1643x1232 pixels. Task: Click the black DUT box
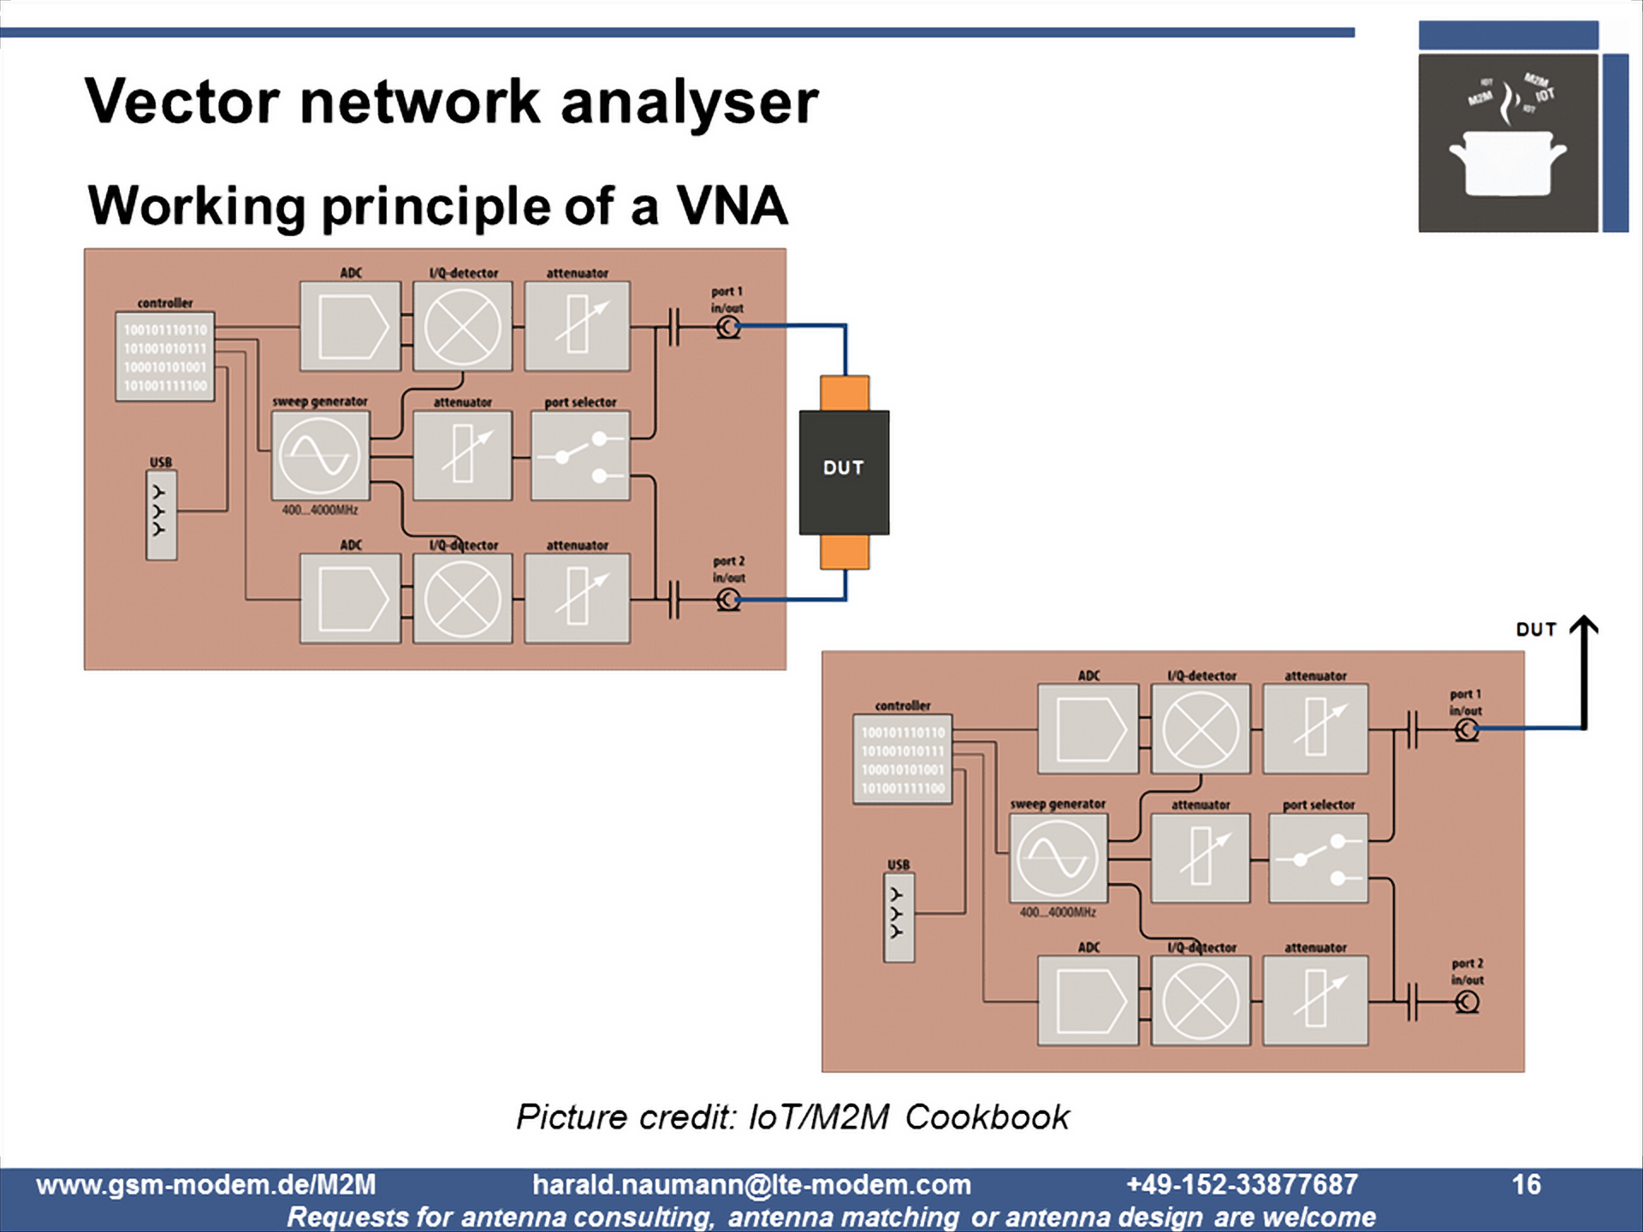tap(844, 471)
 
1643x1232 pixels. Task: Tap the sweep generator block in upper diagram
tap(320, 455)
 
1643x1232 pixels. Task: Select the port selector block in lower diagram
tap(1318, 858)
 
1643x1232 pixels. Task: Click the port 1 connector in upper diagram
tap(728, 327)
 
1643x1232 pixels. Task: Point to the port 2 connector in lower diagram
tap(1467, 1002)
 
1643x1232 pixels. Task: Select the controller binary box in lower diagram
tap(903, 760)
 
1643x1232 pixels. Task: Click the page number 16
tap(1525, 1184)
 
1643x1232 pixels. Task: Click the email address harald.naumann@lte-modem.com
tap(751, 1184)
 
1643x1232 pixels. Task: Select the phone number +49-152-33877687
tap(1242, 1184)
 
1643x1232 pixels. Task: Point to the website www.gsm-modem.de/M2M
tap(205, 1184)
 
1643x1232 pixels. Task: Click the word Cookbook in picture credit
tap(987, 1117)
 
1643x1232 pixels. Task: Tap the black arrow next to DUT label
tap(1584, 672)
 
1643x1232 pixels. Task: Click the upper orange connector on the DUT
tap(845, 394)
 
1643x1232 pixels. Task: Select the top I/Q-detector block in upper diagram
tap(462, 326)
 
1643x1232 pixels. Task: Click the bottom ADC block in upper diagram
tap(350, 598)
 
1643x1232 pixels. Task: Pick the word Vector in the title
tap(181, 102)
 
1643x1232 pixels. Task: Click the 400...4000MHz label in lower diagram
tap(1058, 913)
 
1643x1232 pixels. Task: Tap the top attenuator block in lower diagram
tap(1315, 729)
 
